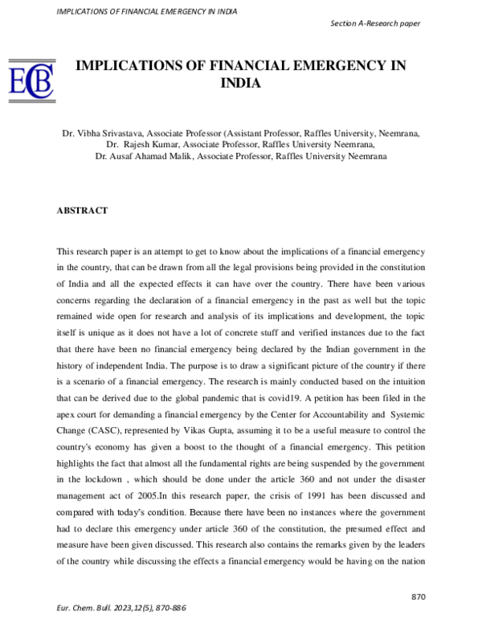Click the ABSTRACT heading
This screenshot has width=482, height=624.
(82, 210)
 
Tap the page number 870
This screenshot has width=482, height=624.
(418, 597)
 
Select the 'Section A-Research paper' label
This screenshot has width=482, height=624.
(375, 23)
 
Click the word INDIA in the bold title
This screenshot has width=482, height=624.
(241, 82)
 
